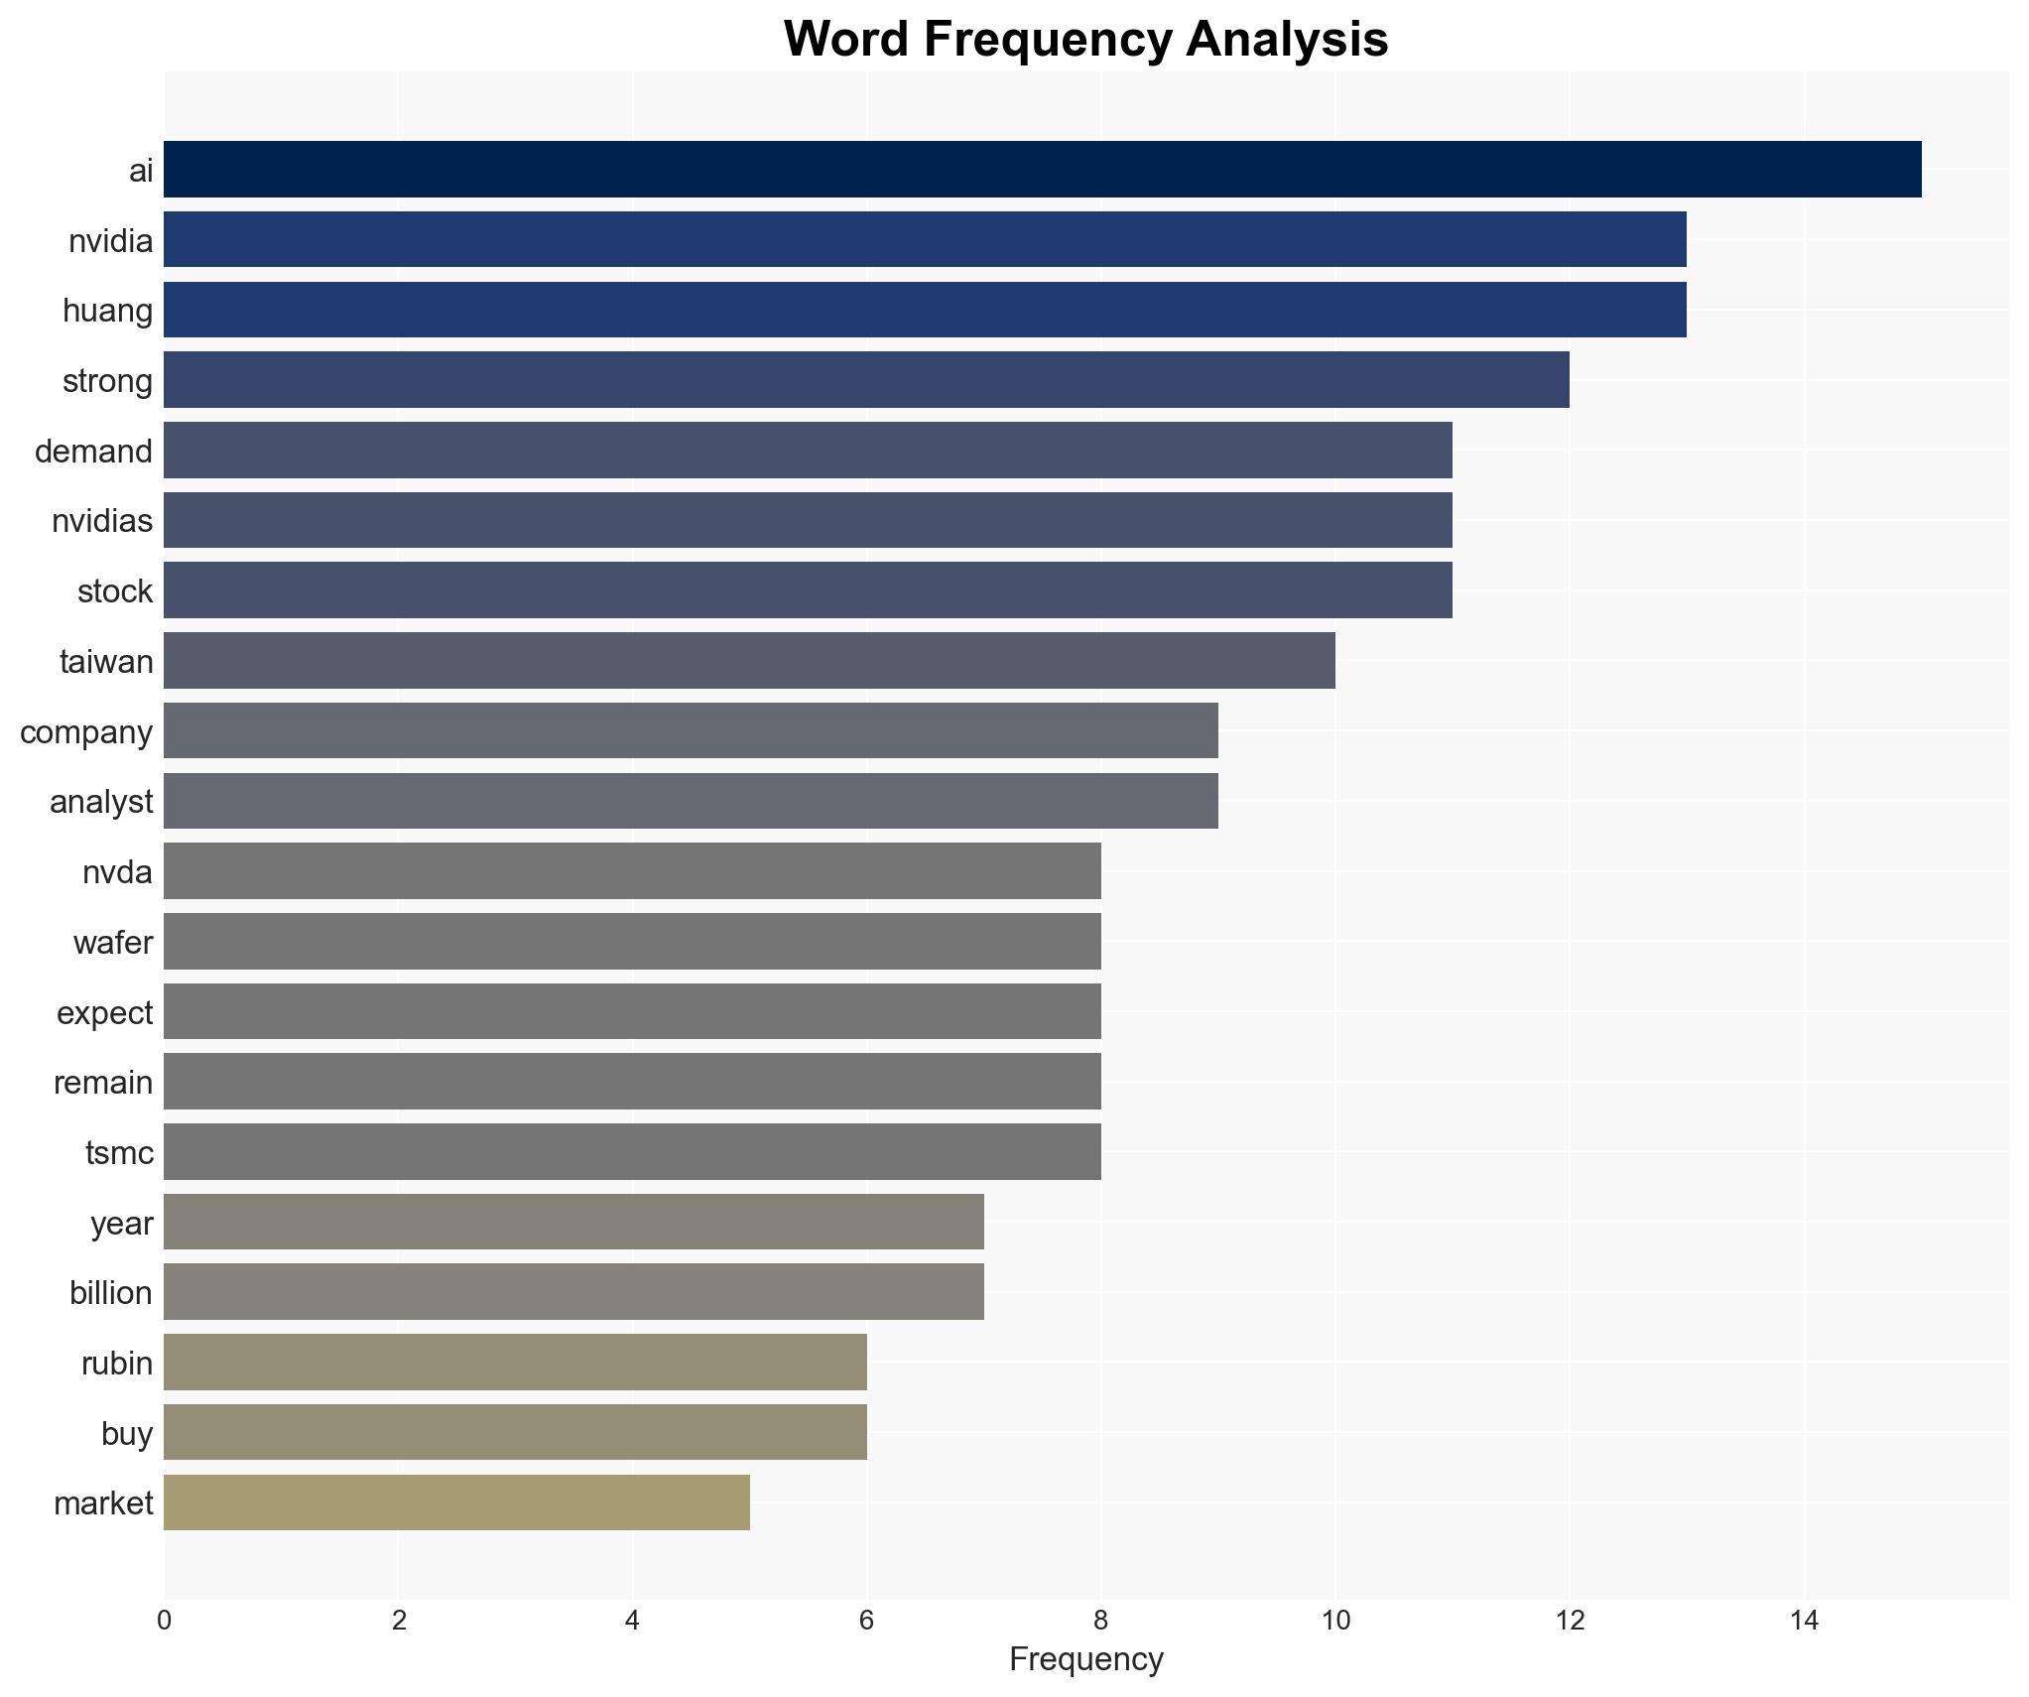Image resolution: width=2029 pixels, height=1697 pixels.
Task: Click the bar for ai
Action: coord(1042,169)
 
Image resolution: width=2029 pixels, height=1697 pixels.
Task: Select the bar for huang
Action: coord(925,310)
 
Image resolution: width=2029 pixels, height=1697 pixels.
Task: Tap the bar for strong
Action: coord(866,379)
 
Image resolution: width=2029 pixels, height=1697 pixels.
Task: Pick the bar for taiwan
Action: coord(749,660)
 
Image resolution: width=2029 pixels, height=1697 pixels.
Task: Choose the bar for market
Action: coord(456,1502)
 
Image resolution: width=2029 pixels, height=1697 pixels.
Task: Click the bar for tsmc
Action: coord(632,1151)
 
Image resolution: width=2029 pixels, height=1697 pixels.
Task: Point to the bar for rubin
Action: coord(515,1363)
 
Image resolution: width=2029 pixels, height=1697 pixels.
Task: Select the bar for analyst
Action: coord(691,801)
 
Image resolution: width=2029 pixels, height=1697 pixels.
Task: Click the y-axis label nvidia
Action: coord(110,240)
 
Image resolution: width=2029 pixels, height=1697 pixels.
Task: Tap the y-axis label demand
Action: coord(93,451)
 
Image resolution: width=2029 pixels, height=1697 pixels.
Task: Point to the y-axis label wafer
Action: coord(113,942)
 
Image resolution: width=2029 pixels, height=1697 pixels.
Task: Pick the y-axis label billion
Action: coord(111,1292)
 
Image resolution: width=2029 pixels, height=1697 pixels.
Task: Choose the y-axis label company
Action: coord(86,731)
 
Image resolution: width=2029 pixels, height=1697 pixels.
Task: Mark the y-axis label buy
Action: coord(127,1433)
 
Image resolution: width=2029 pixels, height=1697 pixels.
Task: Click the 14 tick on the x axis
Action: coord(1804,1621)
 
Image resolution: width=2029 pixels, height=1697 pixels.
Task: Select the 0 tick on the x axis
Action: coord(164,1621)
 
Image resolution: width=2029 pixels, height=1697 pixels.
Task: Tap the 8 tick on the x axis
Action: coord(1100,1621)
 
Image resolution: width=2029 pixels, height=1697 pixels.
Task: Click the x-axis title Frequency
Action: coord(1085,1659)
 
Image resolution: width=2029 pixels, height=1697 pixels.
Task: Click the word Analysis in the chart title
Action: coord(1286,40)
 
